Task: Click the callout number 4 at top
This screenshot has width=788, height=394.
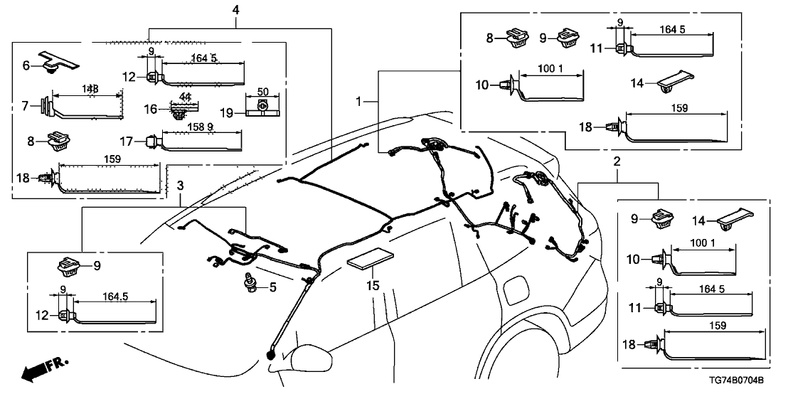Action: [235, 10]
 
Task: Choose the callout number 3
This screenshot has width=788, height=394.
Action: [181, 186]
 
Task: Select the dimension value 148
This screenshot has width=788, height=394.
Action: [90, 88]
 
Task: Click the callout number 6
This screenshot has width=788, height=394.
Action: [26, 65]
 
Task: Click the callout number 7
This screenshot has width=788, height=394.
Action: [26, 107]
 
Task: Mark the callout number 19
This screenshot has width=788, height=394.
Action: [227, 112]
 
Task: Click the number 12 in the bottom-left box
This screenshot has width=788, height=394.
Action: [44, 314]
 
